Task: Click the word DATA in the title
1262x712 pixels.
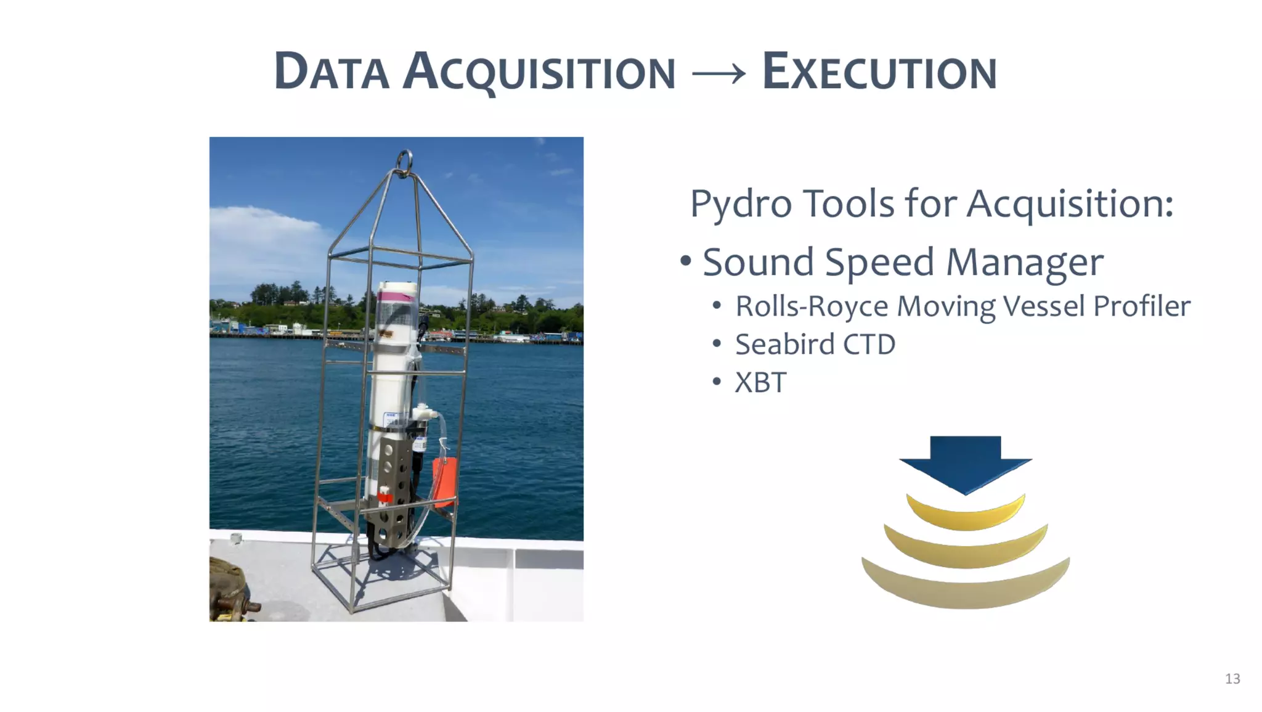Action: pyautogui.click(x=332, y=72)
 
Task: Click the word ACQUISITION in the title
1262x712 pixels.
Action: pyautogui.click(x=539, y=72)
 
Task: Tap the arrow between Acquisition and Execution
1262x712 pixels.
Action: pyautogui.click(x=719, y=75)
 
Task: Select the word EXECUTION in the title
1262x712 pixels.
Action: pyautogui.click(x=879, y=72)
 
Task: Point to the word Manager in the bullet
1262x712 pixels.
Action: pyautogui.click(x=1025, y=262)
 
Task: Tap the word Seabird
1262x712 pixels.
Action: pyautogui.click(x=784, y=344)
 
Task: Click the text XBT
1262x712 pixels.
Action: pyautogui.click(x=760, y=383)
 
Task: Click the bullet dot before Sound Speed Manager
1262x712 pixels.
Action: pyautogui.click(x=686, y=261)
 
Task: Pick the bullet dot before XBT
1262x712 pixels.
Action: pyautogui.click(x=717, y=382)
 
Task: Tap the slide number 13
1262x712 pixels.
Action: pyautogui.click(x=1232, y=679)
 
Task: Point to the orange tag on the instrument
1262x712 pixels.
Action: pyautogui.click(x=444, y=481)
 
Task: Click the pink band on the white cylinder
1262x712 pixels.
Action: pyautogui.click(x=396, y=297)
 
